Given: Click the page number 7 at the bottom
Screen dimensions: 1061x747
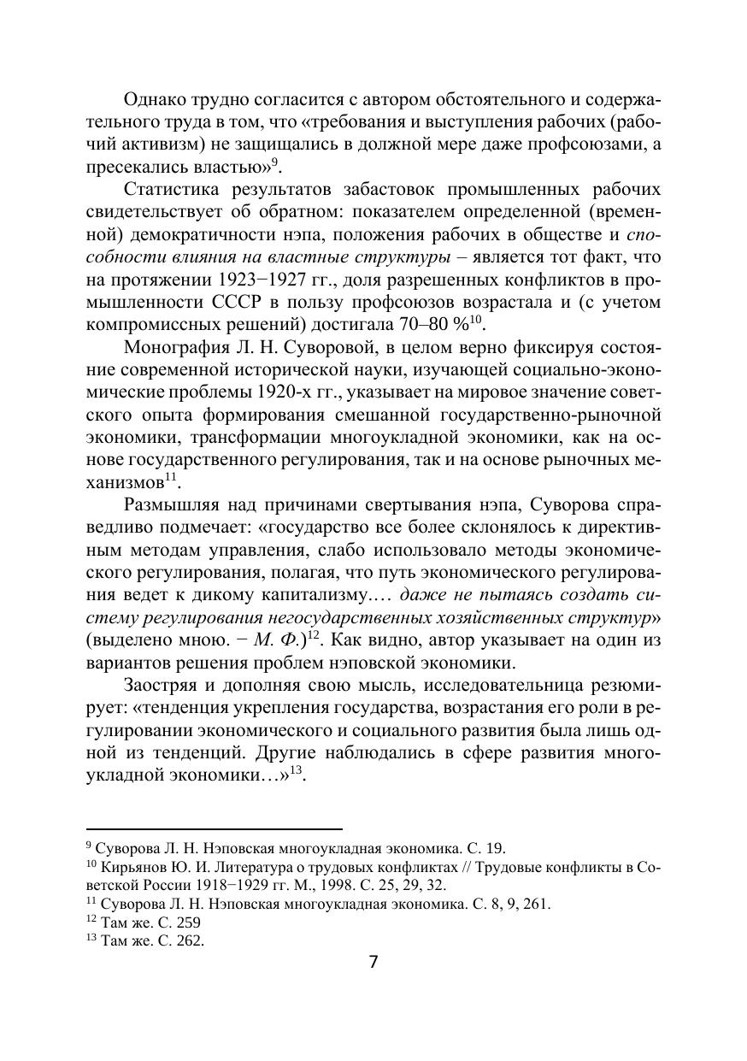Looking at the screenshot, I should tap(373, 961).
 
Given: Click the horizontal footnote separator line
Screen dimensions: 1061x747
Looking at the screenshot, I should tap(215, 828).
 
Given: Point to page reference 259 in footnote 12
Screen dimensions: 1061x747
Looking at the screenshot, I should tap(189, 922).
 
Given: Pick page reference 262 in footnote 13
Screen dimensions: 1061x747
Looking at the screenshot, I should tap(189, 941).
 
